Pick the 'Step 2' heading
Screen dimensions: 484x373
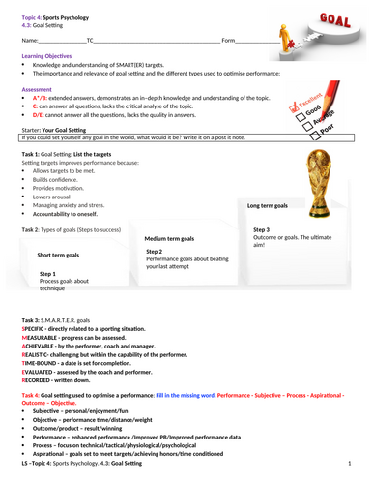(154, 251)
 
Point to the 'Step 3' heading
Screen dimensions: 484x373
(275, 229)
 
